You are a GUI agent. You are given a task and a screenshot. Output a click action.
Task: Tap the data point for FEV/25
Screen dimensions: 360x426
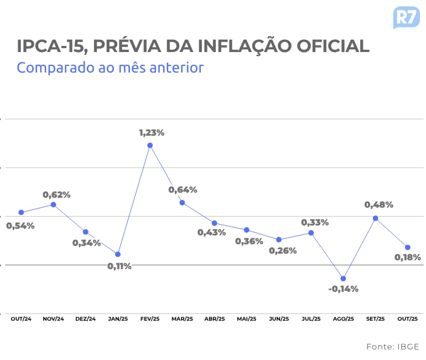click(150, 145)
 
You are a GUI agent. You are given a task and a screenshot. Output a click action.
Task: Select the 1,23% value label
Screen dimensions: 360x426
click(152, 133)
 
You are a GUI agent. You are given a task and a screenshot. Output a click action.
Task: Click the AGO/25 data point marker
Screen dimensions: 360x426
click(343, 278)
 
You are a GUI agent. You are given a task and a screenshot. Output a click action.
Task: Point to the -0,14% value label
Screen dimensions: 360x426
click(343, 289)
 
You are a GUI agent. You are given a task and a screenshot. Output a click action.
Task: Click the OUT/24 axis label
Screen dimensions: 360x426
click(21, 319)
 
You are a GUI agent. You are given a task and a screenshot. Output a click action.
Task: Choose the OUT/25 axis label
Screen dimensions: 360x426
click(408, 319)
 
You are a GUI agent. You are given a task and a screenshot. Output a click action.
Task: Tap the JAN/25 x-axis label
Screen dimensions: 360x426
click(118, 319)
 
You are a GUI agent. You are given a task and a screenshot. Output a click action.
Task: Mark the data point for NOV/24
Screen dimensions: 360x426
click(53, 204)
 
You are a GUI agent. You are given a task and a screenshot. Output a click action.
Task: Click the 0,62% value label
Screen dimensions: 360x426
click(57, 194)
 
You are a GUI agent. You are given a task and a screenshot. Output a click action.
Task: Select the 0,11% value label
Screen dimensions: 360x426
click(120, 266)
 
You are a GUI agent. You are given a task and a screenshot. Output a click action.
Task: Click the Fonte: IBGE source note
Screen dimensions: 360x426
click(392, 347)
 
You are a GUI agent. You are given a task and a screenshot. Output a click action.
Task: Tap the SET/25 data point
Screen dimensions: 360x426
click(375, 218)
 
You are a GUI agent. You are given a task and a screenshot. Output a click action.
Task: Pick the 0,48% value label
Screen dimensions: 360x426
click(378, 205)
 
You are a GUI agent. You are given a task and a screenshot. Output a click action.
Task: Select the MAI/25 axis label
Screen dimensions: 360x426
click(246, 319)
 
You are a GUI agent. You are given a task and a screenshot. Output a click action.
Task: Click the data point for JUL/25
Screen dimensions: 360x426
click(311, 233)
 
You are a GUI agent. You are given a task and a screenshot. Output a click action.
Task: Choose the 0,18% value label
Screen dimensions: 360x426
click(407, 257)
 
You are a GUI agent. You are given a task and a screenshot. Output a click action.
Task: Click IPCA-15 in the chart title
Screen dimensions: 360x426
click(50, 47)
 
